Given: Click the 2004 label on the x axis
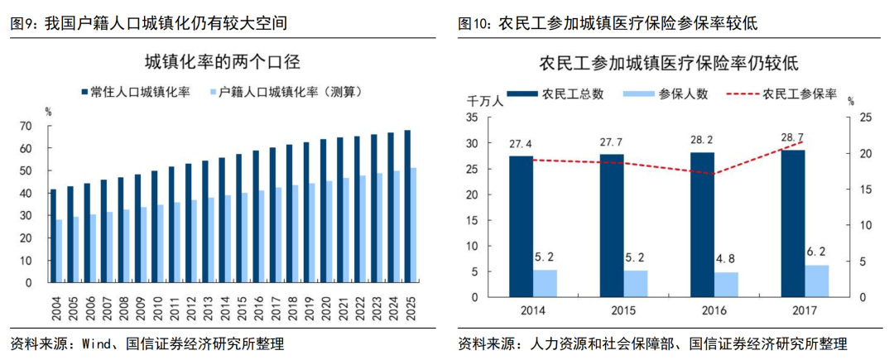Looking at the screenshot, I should [55, 308].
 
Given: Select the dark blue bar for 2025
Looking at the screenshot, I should [407, 206].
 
